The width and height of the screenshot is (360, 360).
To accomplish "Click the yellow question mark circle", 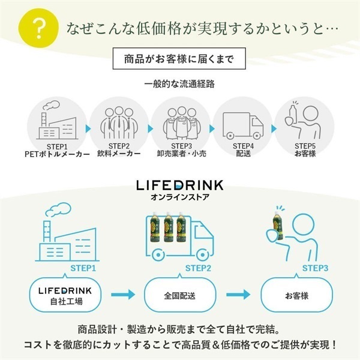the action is point(38,28).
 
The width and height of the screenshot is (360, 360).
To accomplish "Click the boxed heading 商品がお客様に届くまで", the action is point(179,59).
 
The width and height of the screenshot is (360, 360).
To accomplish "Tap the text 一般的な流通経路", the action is point(179,84).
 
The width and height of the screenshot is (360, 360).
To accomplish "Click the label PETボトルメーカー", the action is point(57,154).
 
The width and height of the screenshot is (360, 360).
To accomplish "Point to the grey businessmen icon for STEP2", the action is point(119,123).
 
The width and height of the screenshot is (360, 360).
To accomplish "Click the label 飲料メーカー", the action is point(119,154).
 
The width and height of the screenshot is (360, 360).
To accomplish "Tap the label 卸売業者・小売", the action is point(181,154).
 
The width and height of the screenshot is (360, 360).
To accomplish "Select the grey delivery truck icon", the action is point(243,125).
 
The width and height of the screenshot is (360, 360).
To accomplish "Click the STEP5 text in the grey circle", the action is point(305,146).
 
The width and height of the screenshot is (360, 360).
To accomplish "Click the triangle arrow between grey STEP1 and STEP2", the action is point(88,129).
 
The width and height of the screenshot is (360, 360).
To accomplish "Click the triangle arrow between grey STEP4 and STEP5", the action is point(274,129).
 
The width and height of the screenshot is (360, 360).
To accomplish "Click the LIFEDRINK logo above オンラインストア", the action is point(180,185).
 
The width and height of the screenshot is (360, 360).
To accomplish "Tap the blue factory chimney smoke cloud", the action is point(58,209).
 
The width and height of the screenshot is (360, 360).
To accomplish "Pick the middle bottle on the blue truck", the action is point(168,227).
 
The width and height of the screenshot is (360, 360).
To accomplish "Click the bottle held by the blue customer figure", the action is point(278,226).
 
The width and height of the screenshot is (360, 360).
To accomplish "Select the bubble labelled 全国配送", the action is point(180,295).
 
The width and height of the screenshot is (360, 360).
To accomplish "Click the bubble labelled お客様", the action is point(296,295).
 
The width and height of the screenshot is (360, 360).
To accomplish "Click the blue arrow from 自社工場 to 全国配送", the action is point(123,295).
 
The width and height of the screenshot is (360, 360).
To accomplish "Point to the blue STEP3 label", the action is point(315,268).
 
